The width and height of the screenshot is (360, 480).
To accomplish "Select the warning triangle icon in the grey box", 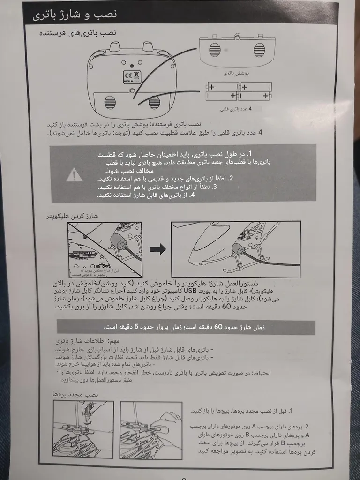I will pos(74,175).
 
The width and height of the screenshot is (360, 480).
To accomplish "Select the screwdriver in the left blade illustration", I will pos(88,412).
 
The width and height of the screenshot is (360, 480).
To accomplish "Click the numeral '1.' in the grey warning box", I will pos(250,154).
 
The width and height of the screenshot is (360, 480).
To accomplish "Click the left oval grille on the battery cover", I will pos(215,49).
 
